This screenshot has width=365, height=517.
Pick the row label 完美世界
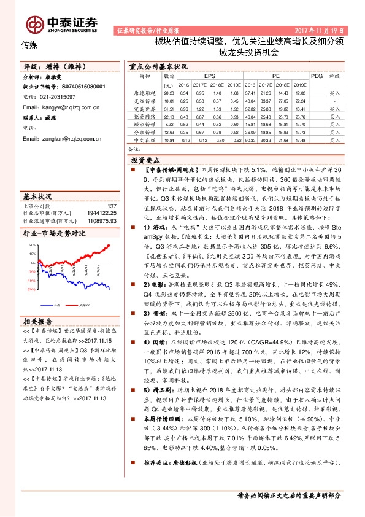(143, 107)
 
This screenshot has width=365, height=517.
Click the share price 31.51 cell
(170, 107)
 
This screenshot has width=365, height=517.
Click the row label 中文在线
(143, 139)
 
